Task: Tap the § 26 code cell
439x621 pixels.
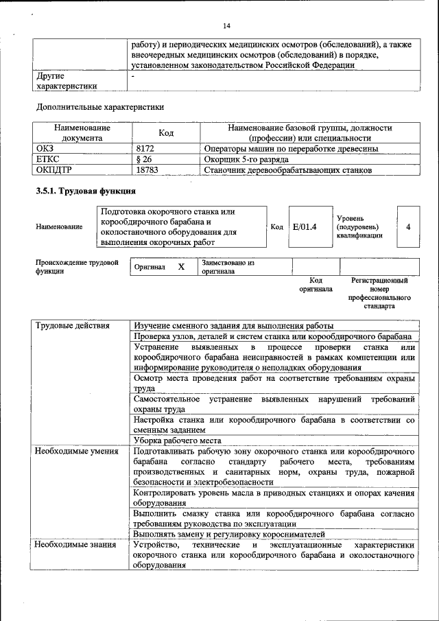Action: tap(144, 159)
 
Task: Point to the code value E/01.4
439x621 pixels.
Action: tap(304, 226)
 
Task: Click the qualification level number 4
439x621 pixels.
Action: tap(408, 226)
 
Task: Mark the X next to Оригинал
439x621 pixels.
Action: tap(181, 267)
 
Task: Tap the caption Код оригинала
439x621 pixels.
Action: tap(316, 285)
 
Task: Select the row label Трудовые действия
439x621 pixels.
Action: tap(73, 325)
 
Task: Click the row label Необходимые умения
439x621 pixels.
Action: tap(77, 452)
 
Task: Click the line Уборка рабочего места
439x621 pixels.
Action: tap(178, 441)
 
